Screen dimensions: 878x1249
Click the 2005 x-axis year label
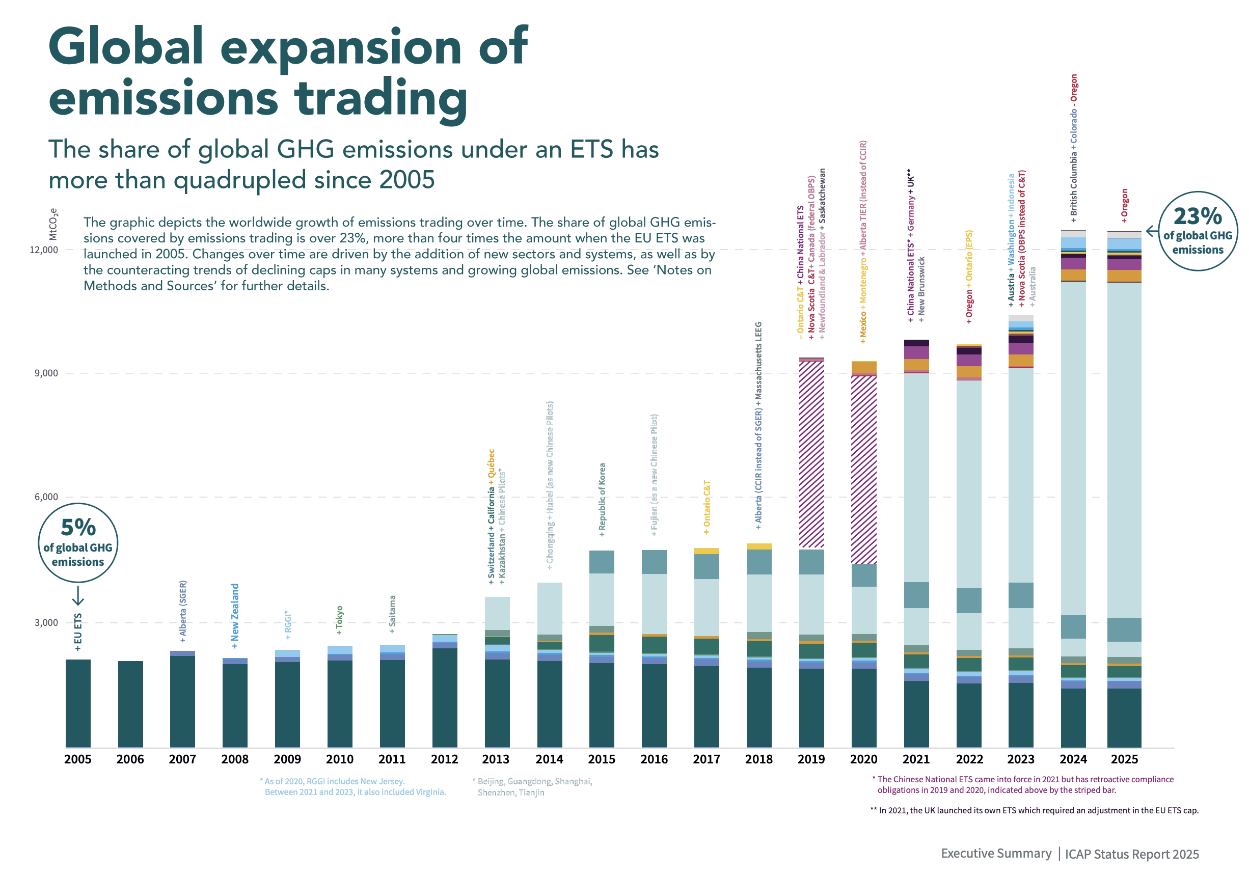tap(78, 759)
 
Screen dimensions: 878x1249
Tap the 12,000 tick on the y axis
tap(43, 250)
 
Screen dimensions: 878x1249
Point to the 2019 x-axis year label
tap(811, 759)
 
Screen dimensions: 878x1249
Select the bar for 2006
tap(130, 704)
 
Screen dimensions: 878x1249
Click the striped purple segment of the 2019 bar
tap(811, 454)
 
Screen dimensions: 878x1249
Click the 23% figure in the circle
tap(1198, 216)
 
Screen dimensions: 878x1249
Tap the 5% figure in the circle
tap(78, 528)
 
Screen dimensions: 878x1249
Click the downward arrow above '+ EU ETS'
tap(78, 595)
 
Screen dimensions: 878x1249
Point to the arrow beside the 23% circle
tap(1152, 231)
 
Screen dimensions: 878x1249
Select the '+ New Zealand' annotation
tap(235, 616)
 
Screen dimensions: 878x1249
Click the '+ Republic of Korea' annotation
tap(602, 500)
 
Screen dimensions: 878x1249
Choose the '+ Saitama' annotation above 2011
tap(392, 614)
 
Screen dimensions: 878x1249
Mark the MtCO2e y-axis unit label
tap(53, 224)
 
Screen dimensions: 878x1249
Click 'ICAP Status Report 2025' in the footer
tap(1131, 854)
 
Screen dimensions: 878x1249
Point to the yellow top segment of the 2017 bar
tap(706, 551)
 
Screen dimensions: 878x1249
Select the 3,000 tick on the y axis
tap(46, 623)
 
